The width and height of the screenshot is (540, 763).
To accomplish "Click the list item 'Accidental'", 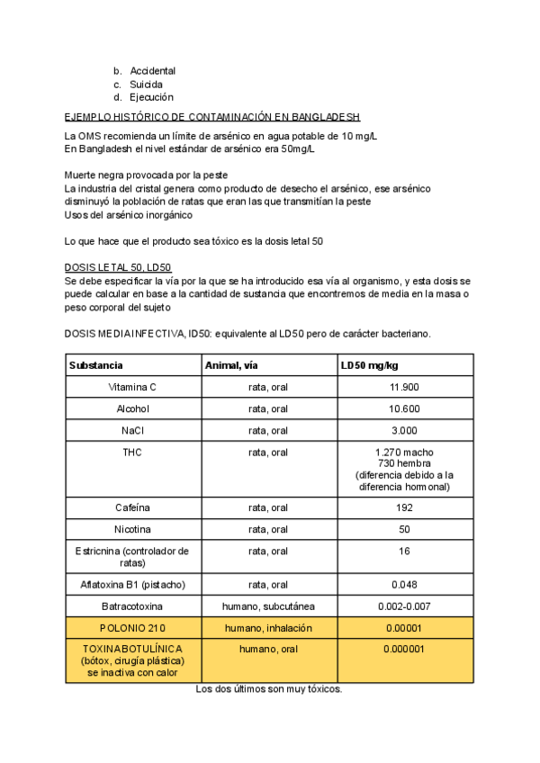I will click(x=152, y=71).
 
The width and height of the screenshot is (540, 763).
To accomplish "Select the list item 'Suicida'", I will click(x=146, y=85).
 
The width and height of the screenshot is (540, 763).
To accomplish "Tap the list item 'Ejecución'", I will click(x=151, y=97).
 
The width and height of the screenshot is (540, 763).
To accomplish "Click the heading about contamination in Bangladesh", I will click(x=212, y=117).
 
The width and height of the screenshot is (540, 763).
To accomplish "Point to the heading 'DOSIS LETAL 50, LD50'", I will click(x=118, y=268).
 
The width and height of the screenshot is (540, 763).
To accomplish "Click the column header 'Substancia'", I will click(x=96, y=365).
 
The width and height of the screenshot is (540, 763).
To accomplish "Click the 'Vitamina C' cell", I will click(x=132, y=387).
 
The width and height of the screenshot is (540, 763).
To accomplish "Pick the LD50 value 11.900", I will click(x=404, y=387).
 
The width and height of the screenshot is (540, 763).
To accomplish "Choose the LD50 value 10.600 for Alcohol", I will click(x=404, y=408).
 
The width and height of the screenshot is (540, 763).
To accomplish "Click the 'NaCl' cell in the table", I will click(x=132, y=430).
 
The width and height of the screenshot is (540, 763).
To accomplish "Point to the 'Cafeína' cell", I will click(x=132, y=507).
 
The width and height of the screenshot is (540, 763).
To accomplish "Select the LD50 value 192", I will click(x=404, y=507).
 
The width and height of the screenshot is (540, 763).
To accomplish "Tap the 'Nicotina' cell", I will click(x=132, y=529).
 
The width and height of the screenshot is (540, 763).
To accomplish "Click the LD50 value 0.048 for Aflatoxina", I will click(x=404, y=585).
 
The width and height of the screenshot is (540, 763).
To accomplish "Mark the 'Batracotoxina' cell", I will click(x=132, y=606).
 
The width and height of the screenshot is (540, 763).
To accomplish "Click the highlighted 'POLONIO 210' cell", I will click(x=132, y=628).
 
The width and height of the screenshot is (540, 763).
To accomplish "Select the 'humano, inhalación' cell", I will click(x=268, y=628).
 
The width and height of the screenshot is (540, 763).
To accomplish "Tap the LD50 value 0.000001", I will click(x=404, y=649).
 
